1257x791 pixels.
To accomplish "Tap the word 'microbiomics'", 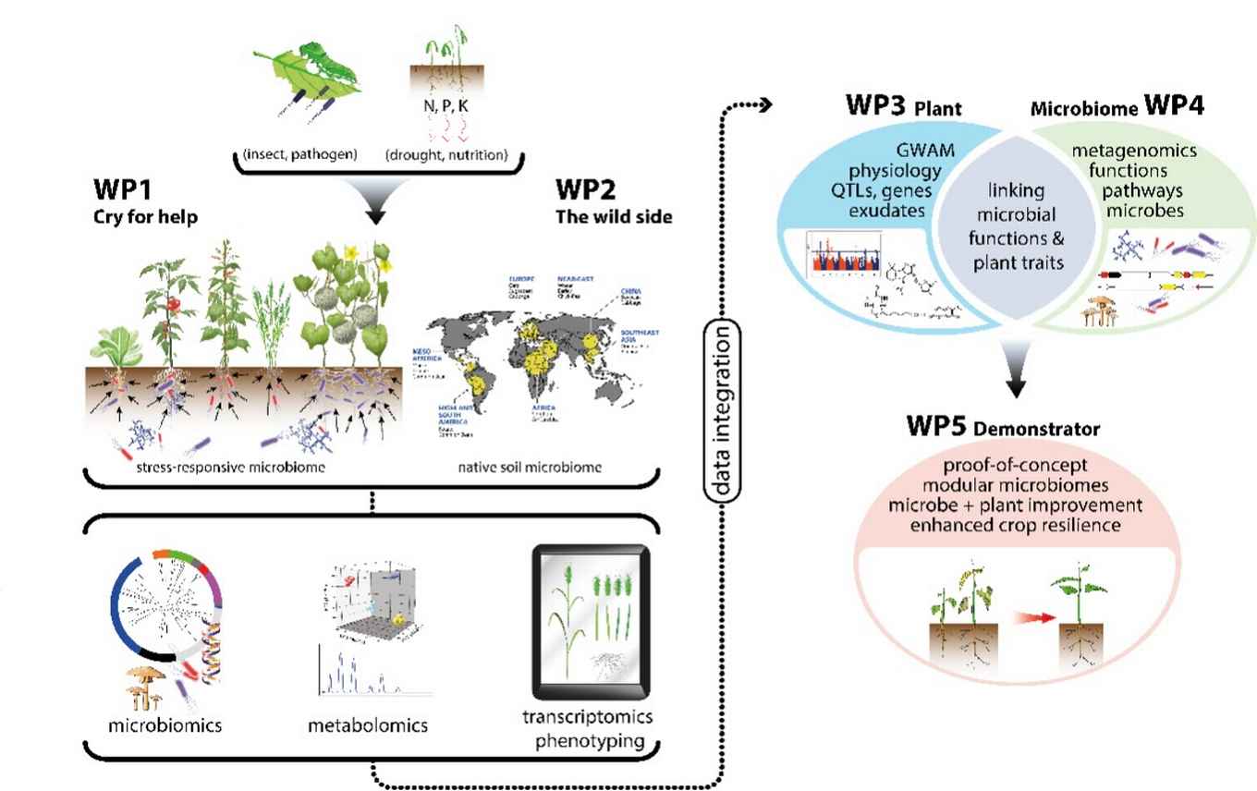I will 164,724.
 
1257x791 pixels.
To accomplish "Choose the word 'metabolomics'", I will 368,724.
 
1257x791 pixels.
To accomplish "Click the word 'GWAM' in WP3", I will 915,151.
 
